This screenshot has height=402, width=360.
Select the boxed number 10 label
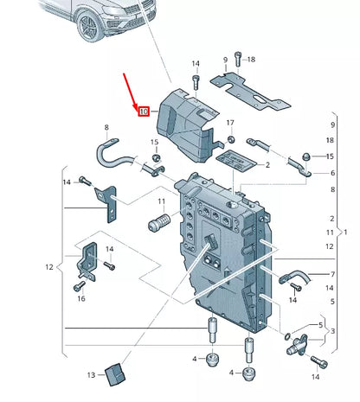pyautogui.click(x=144, y=111)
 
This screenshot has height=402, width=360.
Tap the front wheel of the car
pyautogui.click(x=90, y=26)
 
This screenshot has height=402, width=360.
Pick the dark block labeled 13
pyautogui.click(x=115, y=373)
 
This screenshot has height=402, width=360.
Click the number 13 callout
pyautogui.click(x=92, y=374)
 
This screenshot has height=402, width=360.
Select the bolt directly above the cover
pyautogui.click(x=195, y=83)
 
